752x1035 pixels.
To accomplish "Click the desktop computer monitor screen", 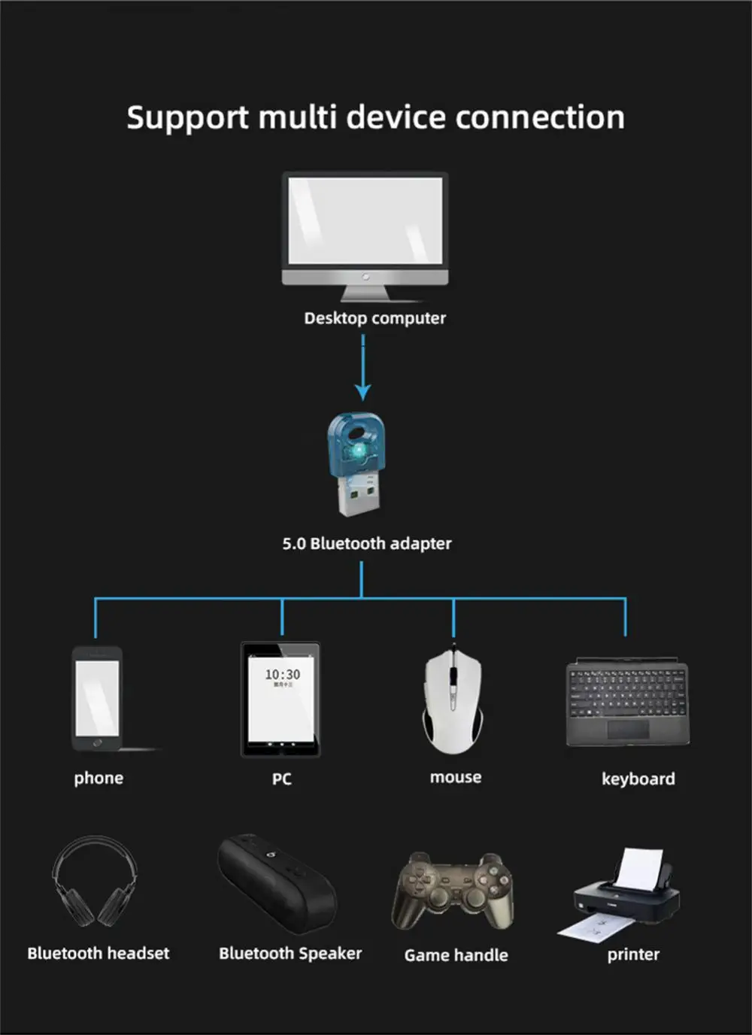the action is [365, 220].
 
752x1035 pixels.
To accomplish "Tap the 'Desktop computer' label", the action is [374, 318].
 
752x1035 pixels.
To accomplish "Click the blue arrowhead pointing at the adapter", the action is [363, 392].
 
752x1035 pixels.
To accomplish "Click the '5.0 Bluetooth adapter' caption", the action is [367, 543].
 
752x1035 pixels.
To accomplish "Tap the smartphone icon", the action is [97, 698].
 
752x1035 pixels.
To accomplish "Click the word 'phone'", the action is [99, 778].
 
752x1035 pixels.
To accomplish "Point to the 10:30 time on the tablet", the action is [282, 675].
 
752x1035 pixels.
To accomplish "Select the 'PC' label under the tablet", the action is [281, 779].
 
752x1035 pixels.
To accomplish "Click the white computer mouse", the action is [453, 700].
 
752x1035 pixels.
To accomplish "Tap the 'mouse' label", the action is [456, 777].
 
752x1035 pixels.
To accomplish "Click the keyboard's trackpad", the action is [628, 729].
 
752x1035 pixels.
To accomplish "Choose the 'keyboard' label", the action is [638, 779].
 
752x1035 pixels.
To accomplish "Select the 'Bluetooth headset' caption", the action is [99, 953].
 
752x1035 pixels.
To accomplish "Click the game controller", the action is [454, 891].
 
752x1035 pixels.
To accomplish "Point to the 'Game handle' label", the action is [456, 955].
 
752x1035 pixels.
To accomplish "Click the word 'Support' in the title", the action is [187, 118].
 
